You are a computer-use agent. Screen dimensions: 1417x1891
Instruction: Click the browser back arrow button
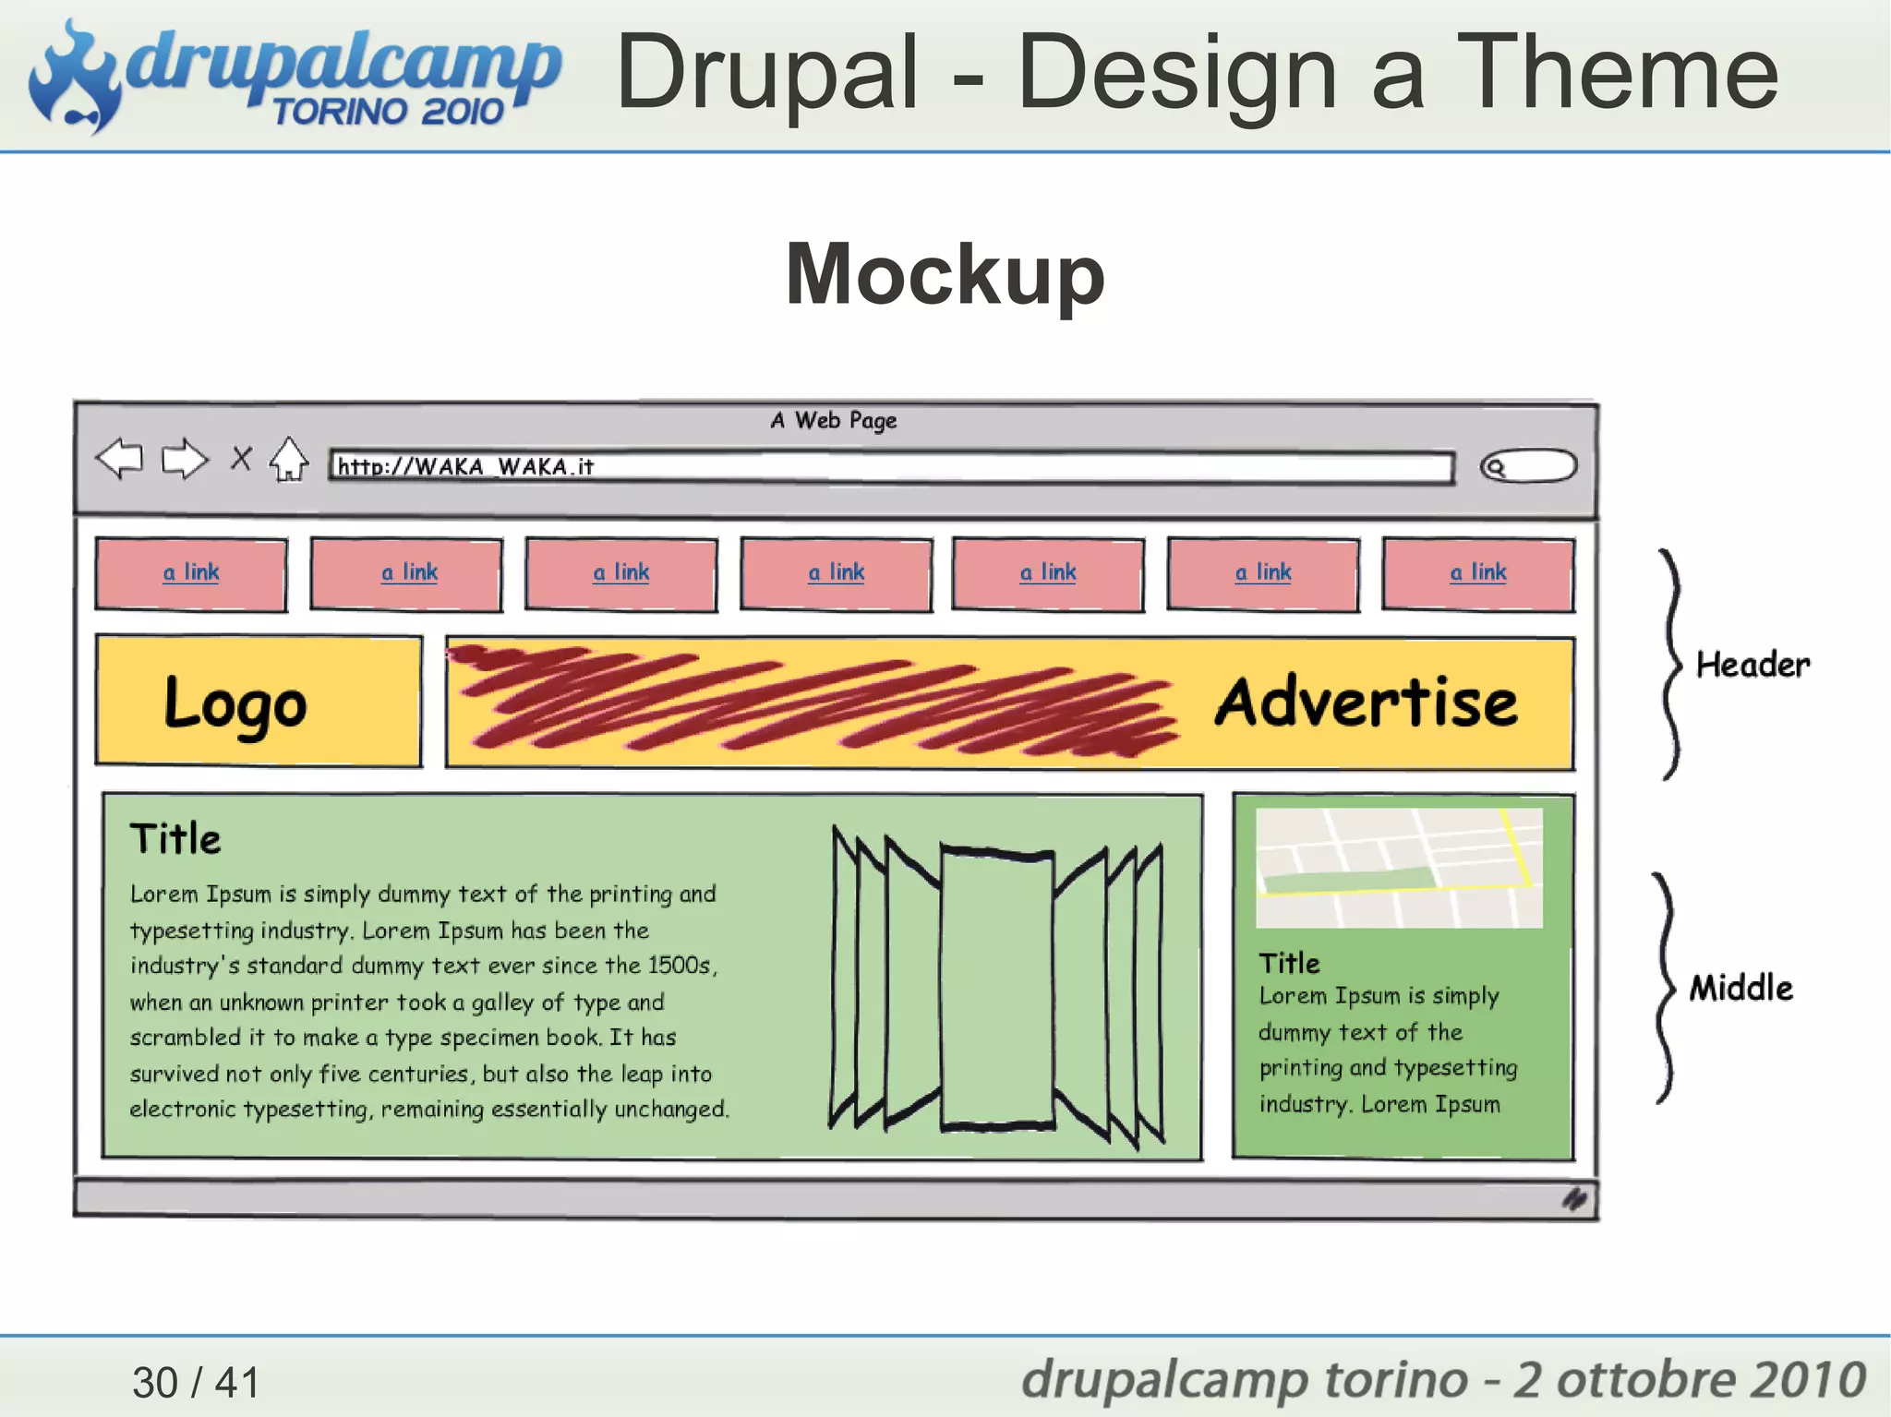[120, 458]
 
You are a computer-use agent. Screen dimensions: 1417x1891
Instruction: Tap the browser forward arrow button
[185, 458]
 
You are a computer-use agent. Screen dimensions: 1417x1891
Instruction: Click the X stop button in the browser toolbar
[241, 458]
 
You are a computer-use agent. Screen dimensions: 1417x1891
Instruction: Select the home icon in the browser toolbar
[289, 459]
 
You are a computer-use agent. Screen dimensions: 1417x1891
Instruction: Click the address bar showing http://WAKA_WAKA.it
[891, 467]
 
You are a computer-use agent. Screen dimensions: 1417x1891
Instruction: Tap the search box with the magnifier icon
[1528, 466]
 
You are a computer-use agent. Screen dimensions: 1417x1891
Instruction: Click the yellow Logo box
[259, 702]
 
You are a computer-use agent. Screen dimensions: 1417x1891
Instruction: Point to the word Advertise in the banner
[1366, 702]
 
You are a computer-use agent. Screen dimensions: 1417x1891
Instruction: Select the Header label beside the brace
[1752, 665]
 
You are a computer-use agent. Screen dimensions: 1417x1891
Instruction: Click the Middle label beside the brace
[1741, 989]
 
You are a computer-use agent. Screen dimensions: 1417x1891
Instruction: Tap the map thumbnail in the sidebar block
[1399, 868]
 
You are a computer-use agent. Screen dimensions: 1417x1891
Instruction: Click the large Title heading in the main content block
[175, 839]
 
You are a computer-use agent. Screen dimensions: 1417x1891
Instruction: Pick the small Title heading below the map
[1289, 963]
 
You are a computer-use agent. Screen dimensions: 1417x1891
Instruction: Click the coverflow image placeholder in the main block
[997, 988]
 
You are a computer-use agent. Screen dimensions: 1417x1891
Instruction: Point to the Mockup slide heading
[945, 274]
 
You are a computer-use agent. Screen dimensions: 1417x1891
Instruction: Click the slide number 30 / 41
[196, 1382]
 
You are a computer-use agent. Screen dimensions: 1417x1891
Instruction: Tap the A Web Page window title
[834, 421]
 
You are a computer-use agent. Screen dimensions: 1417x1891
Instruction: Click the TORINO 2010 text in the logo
[388, 112]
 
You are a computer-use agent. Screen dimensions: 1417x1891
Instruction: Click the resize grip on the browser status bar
[1574, 1199]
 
